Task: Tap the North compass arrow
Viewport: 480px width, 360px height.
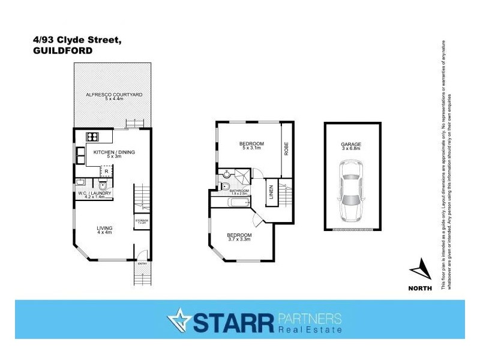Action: click(421, 272)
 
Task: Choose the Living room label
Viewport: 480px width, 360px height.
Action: click(106, 229)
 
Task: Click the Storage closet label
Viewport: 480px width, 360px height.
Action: click(142, 221)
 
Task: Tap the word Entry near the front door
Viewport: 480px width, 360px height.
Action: click(142, 263)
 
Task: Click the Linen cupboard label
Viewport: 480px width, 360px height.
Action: click(271, 192)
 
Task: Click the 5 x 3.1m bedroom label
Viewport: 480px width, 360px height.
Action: click(252, 145)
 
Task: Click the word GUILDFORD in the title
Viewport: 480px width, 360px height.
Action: click(63, 51)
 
